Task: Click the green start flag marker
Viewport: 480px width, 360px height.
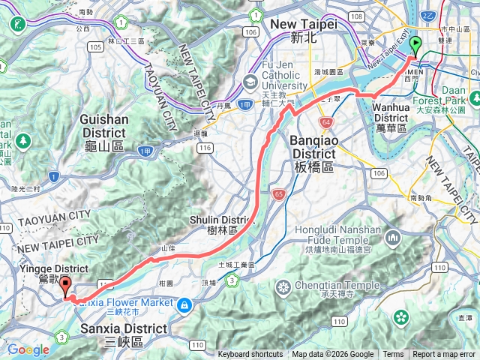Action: [416, 46]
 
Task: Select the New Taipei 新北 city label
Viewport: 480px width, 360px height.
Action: [303, 31]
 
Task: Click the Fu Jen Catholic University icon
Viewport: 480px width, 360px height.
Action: [250, 82]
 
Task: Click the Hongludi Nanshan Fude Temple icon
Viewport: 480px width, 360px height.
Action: [394, 238]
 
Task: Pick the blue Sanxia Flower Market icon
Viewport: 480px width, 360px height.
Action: [184, 304]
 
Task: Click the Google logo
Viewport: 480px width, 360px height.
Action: [28, 349]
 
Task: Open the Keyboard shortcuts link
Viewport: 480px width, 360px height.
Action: [250, 355]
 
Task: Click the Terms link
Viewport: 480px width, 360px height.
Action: [393, 355]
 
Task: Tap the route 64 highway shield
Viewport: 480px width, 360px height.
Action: [325, 122]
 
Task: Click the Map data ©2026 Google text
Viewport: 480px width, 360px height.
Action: [332, 355]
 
